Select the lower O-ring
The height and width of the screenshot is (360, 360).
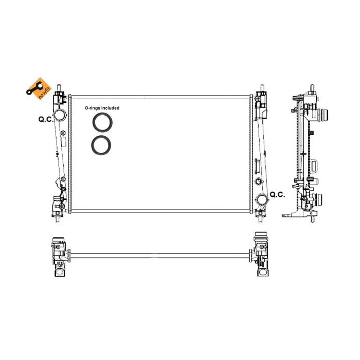click(x=100, y=145)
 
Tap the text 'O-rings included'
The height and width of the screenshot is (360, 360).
click(x=102, y=108)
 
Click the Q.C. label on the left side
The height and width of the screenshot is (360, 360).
click(x=45, y=119)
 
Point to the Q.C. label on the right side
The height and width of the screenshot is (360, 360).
click(x=277, y=194)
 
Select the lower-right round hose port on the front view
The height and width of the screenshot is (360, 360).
click(x=260, y=199)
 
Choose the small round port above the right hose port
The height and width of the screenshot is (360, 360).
click(x=258, y=182)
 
